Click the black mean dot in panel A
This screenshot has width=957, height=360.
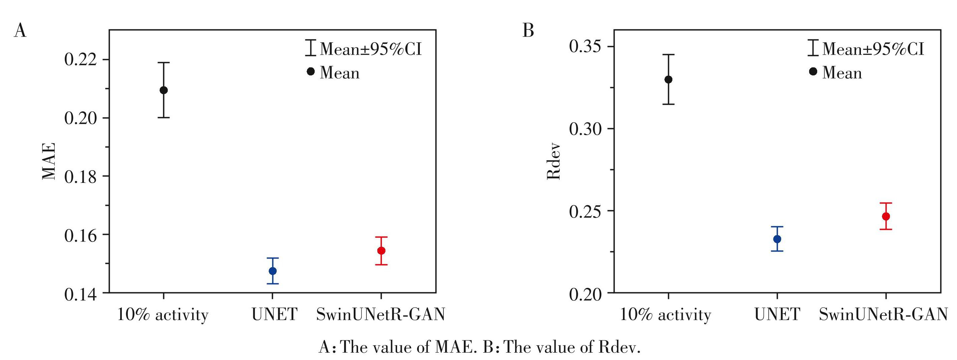coord(164,90)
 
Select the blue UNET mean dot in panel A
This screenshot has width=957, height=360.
coord(273,271)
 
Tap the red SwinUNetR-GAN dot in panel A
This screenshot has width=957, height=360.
coord(381,251)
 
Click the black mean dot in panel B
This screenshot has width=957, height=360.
coord(668,79)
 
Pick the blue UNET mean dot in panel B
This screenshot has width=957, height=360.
coord(777,239)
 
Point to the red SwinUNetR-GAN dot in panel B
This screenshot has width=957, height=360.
coord(886,216)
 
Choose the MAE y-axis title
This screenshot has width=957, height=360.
coord(49,161)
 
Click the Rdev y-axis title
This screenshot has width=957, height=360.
coord(554,161)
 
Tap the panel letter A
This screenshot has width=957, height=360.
coord(20,30)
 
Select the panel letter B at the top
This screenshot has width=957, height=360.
coord(528,30)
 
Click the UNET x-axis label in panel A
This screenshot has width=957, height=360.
coord(275,315)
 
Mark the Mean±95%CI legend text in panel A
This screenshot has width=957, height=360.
coord(371,49)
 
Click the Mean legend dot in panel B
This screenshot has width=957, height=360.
coord(813,71)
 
